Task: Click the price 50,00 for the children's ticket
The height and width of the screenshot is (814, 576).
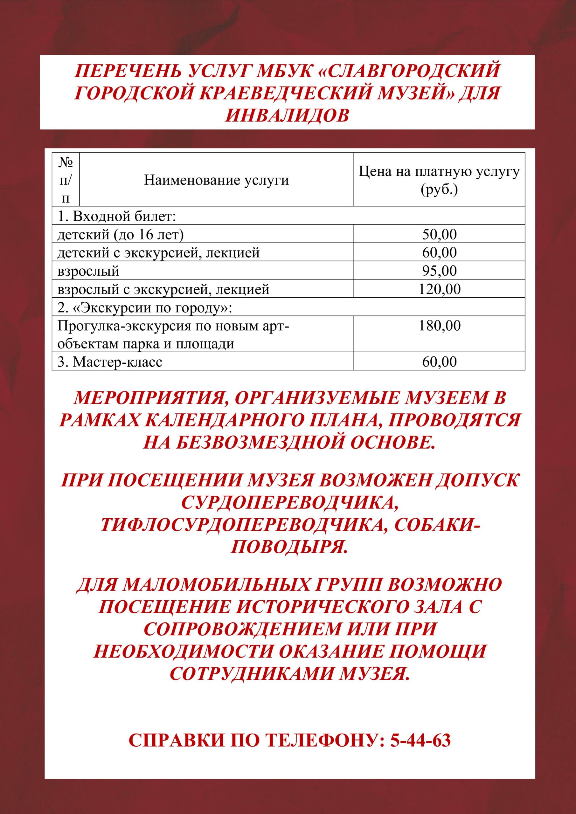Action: coord(439,235)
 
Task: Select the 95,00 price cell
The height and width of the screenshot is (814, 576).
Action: coord(439,271)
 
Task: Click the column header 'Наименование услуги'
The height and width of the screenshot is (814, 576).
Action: coord(216,180)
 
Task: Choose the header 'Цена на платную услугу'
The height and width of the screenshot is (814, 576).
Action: coord(439,172)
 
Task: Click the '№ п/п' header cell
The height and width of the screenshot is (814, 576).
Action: coord(66,180)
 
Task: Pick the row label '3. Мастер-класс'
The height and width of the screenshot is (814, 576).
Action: coord(110,362)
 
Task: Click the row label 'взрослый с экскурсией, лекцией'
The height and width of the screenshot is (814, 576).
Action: coord(163,289)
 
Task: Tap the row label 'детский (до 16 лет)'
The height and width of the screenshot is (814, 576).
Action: coord(121,235)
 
